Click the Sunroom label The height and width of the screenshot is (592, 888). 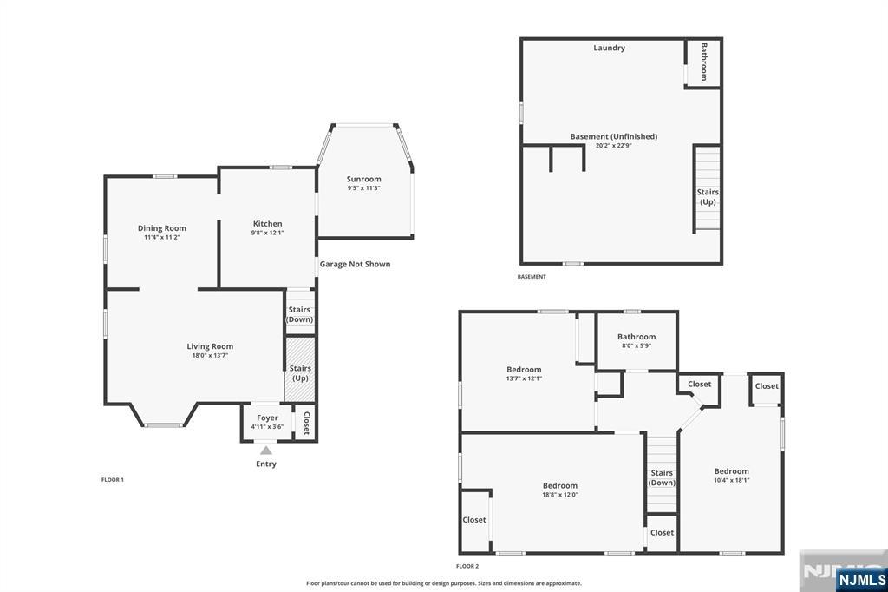point(363,179)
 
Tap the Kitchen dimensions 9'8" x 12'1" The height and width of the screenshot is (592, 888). point(267,233)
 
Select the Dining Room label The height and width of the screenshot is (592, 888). point(162,228)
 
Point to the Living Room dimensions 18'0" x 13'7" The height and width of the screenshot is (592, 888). point(210,356)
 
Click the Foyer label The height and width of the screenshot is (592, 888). point(267,418)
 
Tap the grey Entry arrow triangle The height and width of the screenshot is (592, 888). point(266,451)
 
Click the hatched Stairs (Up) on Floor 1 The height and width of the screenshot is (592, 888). point(299,369)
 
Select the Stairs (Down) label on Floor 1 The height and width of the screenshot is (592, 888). point(299,314)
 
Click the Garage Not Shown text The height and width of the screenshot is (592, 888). point(355,264)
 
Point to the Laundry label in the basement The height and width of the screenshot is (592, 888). point(610,49)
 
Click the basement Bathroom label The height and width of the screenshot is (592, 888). point(704,62)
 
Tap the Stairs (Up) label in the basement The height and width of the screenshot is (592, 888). point(708,197)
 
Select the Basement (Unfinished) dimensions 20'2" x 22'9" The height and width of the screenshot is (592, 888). point(614,146)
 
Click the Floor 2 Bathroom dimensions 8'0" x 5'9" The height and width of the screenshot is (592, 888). point(637,345)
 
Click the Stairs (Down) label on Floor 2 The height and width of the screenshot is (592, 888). point(662,477)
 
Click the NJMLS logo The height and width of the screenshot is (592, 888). point(861,580)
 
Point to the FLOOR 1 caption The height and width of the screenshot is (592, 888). point(113,480)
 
